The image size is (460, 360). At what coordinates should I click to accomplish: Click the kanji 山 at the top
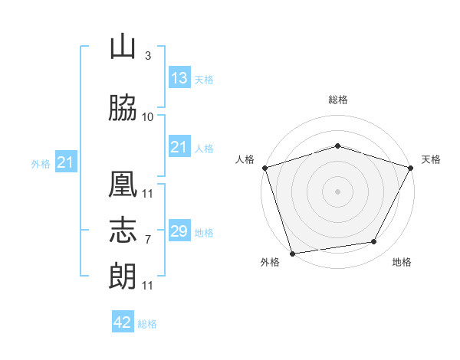tap(123, 46)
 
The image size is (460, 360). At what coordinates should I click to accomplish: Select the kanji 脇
tap(123, 107)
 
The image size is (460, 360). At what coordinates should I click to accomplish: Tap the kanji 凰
tap(123, 184)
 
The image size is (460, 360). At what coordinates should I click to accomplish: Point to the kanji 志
tap(123, 230)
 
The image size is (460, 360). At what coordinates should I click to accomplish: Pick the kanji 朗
tap(123, 276)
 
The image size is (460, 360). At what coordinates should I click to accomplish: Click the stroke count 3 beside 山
tap(148, 55)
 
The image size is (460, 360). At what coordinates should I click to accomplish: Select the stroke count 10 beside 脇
tap(147, 117)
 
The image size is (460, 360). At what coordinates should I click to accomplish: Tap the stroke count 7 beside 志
tap(148, 240)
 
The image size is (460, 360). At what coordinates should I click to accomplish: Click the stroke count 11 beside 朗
tap(147, 285)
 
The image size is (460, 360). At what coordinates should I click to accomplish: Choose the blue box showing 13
tap(179, 77)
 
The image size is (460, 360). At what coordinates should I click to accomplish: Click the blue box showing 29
tap(179, 230)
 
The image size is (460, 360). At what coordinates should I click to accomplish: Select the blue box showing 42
tap(123, 321)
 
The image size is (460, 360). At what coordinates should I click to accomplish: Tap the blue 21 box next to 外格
tap(66, 162)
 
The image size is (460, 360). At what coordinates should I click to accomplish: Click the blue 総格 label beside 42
tap(147, 324)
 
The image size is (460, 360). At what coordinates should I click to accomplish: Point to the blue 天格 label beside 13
tap(204, 80)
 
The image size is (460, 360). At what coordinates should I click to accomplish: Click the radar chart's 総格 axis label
tap(338, 100)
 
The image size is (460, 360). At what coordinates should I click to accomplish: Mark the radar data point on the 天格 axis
tap(411, 168)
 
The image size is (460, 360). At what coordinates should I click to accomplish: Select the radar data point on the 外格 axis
tap(293, 254)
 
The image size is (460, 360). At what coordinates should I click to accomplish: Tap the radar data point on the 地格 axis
tap(374, 241)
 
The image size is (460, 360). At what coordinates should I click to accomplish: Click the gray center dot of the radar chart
tap(337, 191)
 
